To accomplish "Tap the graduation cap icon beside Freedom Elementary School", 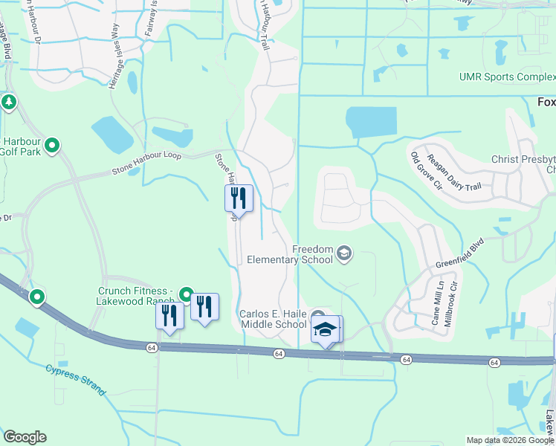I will [344, 254].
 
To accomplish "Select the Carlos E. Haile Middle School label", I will [273, 319].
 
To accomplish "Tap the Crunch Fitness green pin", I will [186, 294].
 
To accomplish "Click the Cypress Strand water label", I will [77, 379].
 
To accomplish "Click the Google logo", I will [25, 437].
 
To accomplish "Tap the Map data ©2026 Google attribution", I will [509, 440].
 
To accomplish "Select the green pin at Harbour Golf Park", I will [52, 146].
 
